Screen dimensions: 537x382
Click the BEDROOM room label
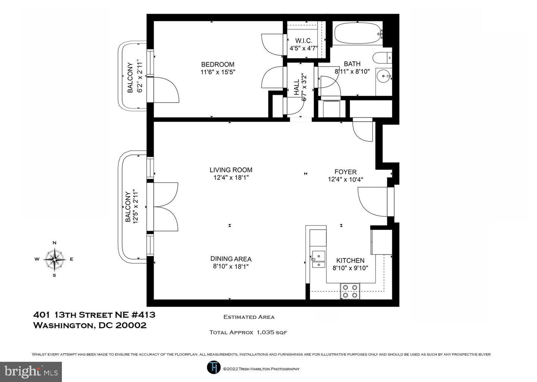pos(218,65)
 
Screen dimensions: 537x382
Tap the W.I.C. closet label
pos(304,41)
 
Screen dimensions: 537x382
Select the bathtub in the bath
pos(358,33)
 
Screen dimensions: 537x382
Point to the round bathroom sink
pos(384,76)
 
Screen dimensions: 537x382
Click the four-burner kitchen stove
pos(350,291)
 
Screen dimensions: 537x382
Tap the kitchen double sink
pos(318,259)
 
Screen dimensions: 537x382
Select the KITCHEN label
pos(350,260)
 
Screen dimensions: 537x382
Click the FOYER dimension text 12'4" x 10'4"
pos(345,179)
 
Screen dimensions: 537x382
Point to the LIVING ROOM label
pos(231,170)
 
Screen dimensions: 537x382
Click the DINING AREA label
pos(231,259)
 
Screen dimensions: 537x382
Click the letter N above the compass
pos(54,243)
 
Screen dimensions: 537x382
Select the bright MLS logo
pos(31,372)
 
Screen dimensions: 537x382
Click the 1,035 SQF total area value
pos(272,332)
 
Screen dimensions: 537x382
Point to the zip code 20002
pos(131,325)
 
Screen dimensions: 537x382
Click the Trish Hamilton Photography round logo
pos(214,367)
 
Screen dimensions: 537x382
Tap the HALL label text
pos(297,87)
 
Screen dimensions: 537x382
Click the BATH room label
pos(352,64)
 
